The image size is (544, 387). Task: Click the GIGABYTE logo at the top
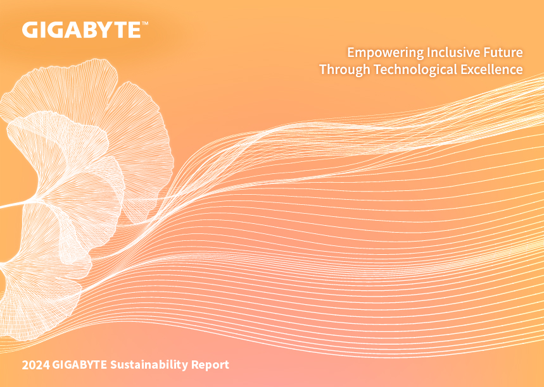click(x=82, y=30)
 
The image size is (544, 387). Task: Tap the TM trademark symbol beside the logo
click(x=145, y=23)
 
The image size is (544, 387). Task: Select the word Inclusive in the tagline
click(x=449, y=52)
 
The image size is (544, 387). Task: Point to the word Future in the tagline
click(x=499, y=52)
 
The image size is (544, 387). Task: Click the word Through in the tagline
click(x=345, y=70)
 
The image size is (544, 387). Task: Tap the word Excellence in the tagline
click(x=491, y=69)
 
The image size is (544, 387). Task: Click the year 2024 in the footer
click(x=35, y=365)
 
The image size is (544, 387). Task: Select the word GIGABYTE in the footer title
click(x=79, y=365)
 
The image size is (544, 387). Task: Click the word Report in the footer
click(x=210, y=365)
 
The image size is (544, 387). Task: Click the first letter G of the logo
click(x=30, y=30)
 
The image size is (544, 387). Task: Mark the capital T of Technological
click(x=377, y=69)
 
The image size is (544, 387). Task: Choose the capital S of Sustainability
click(x=114, y=365)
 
